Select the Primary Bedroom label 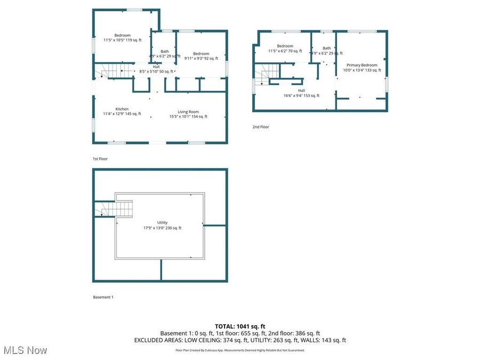[362, 67]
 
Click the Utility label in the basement [162, 225]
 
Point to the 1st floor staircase [113, 71]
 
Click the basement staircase [115, 209]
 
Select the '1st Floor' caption [101, 159]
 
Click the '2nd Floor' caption [261, 127]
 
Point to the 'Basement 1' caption [103, 297]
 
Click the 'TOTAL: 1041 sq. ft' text [239, 326]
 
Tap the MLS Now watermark [25, 350]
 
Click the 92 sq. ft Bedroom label [201, 55]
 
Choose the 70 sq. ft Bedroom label [285, 49]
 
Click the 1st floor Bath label [164, 53]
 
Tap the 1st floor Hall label [156, 69]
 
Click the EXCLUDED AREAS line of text [239, 340]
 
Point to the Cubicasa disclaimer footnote [239, 350]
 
